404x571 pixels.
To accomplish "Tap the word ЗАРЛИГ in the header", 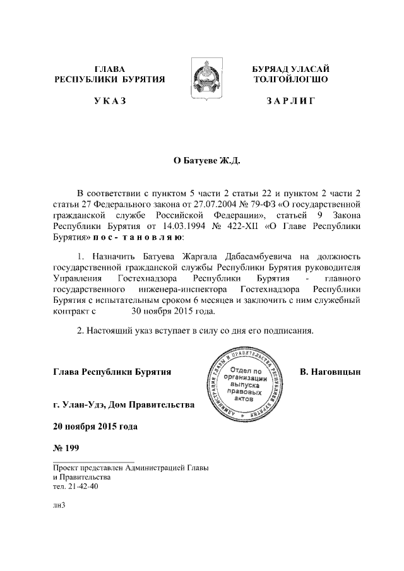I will pyautogui.click(x=290, y=101).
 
